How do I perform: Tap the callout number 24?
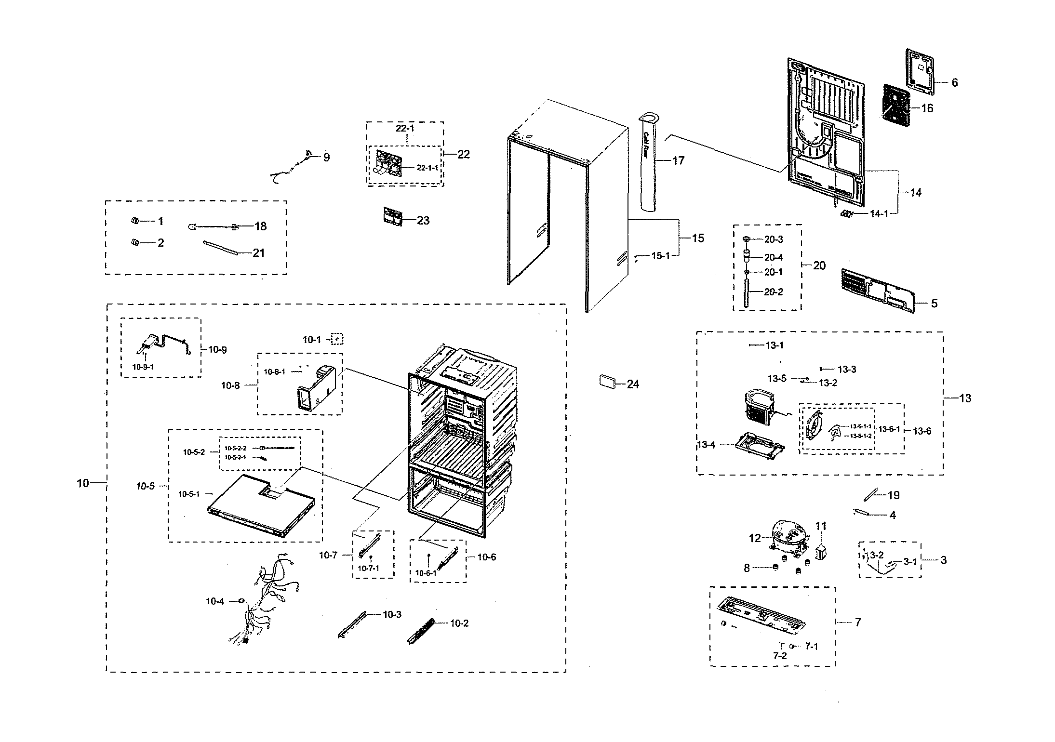point(633,384)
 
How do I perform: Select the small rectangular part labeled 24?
point(607,381)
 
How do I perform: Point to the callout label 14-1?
point(879,213)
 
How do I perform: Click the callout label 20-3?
point(774,239)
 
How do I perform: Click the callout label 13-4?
point(707,445)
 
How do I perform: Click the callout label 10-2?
point(459,623)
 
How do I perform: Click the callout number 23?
point(423,220)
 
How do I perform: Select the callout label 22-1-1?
point(427,168)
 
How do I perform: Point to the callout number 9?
point(326,157)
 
